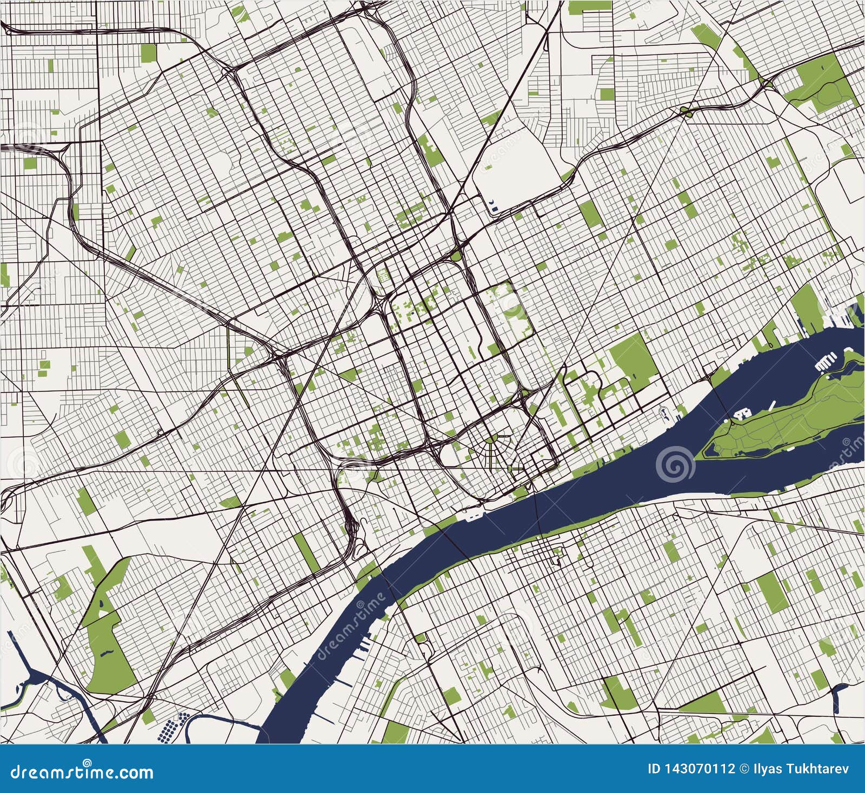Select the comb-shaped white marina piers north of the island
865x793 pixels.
click(x=827, y=361)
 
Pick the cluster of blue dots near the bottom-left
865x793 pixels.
click(x=174, y=727)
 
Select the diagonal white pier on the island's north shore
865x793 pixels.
click(x=772, y=404)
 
